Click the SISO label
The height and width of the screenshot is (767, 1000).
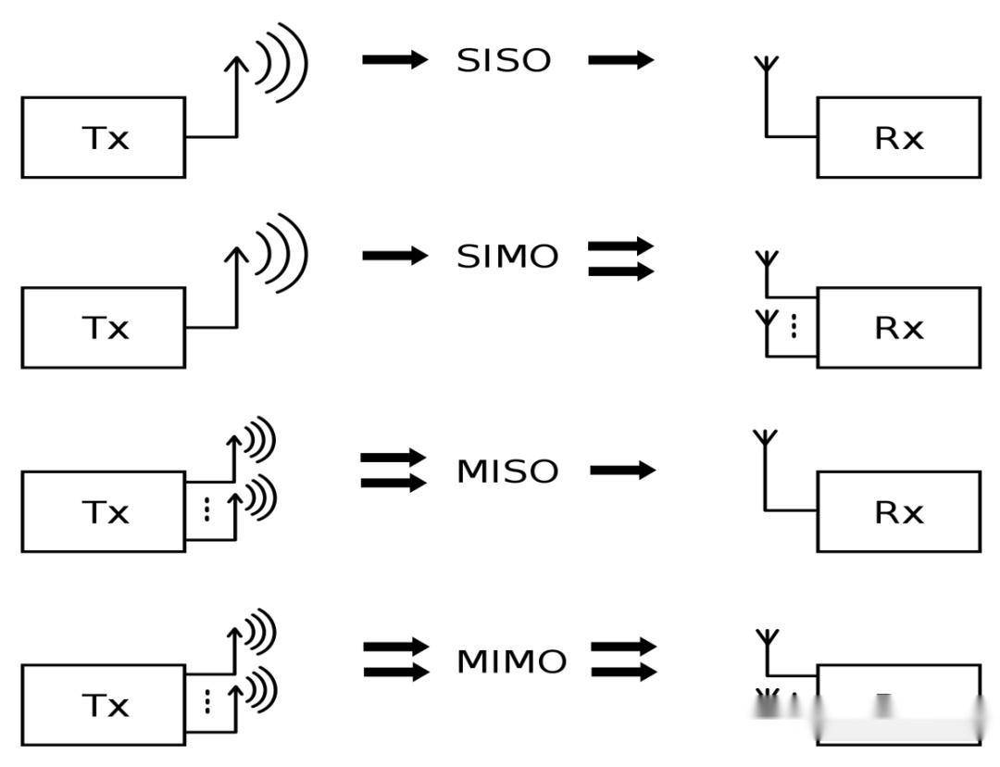click(x=504, y=61)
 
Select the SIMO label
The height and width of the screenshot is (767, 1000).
click(x=507, y=257)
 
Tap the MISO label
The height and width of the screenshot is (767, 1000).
click(x=507, y=472)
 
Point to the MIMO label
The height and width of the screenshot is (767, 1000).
click(x=511, y=662)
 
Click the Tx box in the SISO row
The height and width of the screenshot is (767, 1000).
click(x=103, y=137)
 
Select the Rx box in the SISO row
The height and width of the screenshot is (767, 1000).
click(x=898, y=137)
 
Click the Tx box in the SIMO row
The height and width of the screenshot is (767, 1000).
click(x=103, y=327)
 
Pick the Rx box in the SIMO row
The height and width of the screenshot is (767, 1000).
click(x=898, y=327)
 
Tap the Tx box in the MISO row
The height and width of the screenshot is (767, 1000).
click(x=103, y=511)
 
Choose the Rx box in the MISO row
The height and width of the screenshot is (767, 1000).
click(x=898, y=511)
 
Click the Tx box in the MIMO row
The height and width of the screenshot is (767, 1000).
click(x=103, y=705)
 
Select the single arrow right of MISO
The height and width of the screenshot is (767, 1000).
click(x=622, y=470)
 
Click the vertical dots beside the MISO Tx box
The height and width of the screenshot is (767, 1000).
click(x=206, y=510)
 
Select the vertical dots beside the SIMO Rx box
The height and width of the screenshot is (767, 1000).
click(x=794, y=326)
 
